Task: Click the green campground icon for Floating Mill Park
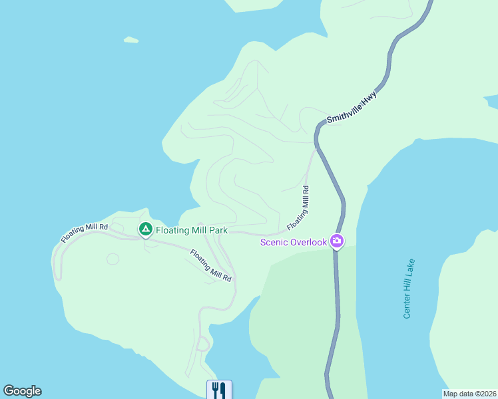tap(145, 229)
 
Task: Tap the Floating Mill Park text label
tap(192, 230)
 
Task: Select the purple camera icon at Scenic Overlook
tap(337, 241)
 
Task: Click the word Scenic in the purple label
tap(273, 242)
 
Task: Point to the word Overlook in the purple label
tap(308, 242)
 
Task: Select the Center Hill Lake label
tap(409, 288)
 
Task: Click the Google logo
tap(22, 391)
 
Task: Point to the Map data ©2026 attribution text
tap(469, 394)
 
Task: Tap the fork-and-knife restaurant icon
tap(219, 389)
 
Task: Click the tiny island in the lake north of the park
tap(130, 40)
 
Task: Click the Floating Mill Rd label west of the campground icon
tap(85, 233)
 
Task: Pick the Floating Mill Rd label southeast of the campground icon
tap(210, 265)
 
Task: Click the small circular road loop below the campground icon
tap(113, 258)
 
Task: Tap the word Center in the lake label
tap(407, 305)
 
